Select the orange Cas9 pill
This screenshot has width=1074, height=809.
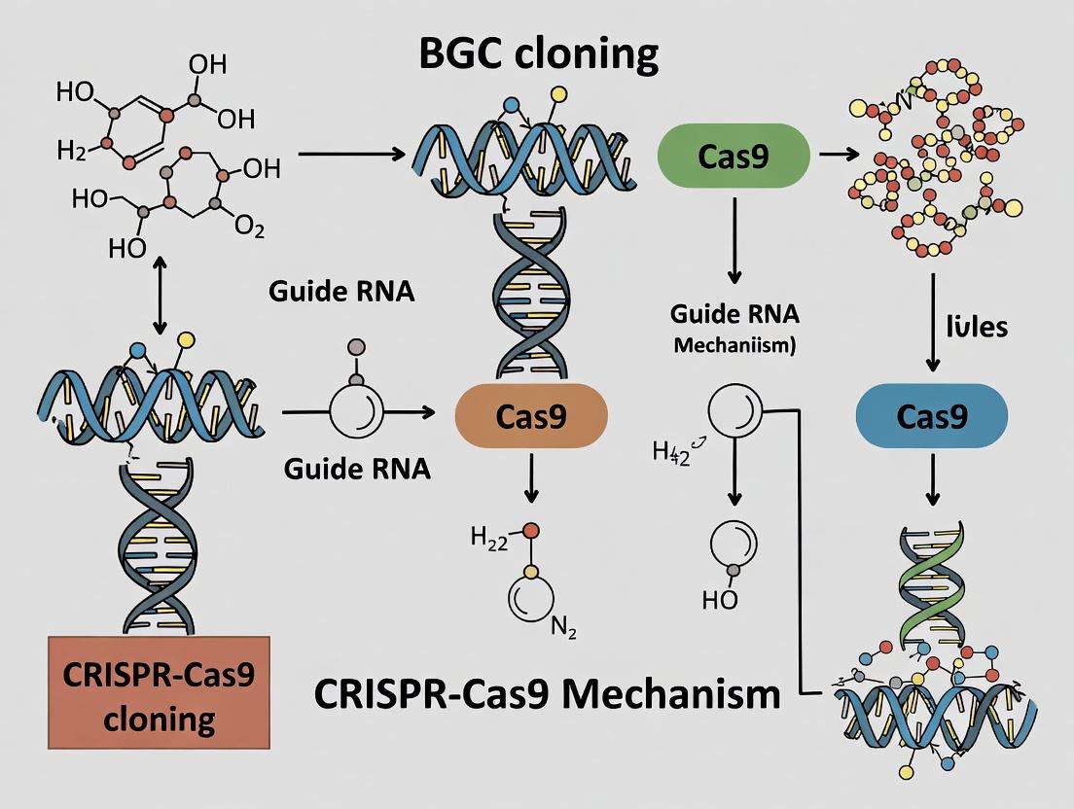tap(530, 415)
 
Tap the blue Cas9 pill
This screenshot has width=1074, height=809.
tap(931, 415)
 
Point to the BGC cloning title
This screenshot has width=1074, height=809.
tap(538, 55)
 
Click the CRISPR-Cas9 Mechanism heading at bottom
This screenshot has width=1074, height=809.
tap(547, 694)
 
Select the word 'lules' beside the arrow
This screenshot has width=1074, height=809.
tap(977, 326)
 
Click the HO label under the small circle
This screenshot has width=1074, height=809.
tap(720, 600)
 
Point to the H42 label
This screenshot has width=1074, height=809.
tap(671, 452)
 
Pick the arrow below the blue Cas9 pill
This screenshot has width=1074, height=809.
tap(931, 476)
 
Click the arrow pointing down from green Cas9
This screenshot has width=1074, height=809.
tap(734, 239)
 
